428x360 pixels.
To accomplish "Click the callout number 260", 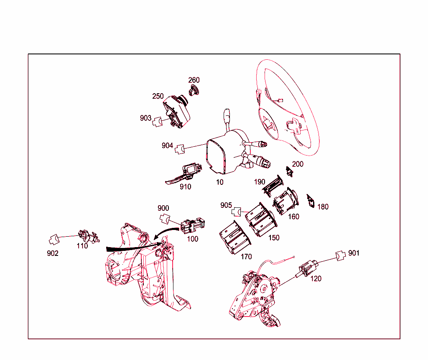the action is tap(194, 80).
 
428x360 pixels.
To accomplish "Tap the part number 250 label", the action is tap(158, 96).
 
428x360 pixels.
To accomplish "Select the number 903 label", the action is tap(145, 118).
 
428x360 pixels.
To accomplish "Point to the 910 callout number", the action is tap(185, 187).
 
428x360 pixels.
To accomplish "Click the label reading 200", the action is tap(298, 164).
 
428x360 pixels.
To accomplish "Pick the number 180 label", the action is tap(323, 207).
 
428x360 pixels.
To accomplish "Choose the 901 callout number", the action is tap(354, 253).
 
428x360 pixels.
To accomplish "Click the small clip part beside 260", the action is tap(194, 91).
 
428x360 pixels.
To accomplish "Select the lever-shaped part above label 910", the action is tap(183, 174).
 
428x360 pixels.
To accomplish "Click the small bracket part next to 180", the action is tap(311, 201).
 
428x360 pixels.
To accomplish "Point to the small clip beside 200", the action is tap(289, 171).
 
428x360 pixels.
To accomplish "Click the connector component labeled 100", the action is tap(192, 225).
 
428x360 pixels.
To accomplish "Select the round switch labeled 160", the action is tap(286, 201).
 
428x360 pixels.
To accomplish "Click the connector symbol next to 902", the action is tap(54, 239).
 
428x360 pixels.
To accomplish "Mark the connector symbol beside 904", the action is tap(180, 149).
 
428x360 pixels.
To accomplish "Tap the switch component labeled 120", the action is tap(307, 268).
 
